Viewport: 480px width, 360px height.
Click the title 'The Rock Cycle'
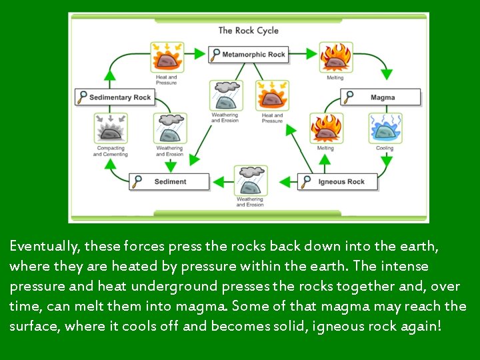(248, 30)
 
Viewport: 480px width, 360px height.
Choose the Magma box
(382, 97)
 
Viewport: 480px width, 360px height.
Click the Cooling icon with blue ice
(385, 128)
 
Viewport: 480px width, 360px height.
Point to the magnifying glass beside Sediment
(138, 181)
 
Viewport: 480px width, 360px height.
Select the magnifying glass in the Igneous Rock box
(307, 181)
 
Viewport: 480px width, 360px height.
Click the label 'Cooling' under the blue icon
(385, 149)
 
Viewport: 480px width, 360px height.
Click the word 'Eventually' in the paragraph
(44, 247)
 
